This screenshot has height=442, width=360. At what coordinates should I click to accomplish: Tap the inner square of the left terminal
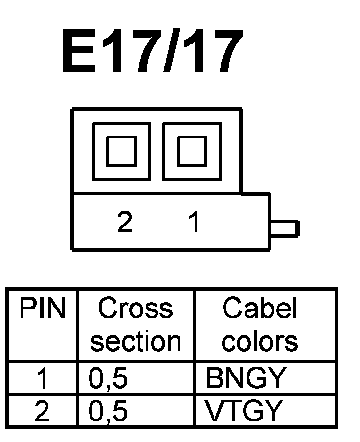pos(122,151)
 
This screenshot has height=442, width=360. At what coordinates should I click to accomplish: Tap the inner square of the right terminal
pos(191,151)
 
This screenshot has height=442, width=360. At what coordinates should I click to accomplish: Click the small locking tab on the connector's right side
pos(285,229)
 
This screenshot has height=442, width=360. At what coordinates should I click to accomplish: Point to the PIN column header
pos(42,309)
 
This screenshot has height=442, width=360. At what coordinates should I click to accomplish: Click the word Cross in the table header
pos(135,309)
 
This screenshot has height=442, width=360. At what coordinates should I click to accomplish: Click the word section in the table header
pos(135,341)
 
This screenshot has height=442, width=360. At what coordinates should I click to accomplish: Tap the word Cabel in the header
pos(260,309)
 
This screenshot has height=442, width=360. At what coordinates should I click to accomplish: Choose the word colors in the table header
pos(260,341)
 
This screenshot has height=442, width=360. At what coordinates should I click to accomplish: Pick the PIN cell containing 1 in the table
pos(43,378)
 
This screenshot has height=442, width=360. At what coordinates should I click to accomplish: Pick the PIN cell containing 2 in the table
pos(43,411)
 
